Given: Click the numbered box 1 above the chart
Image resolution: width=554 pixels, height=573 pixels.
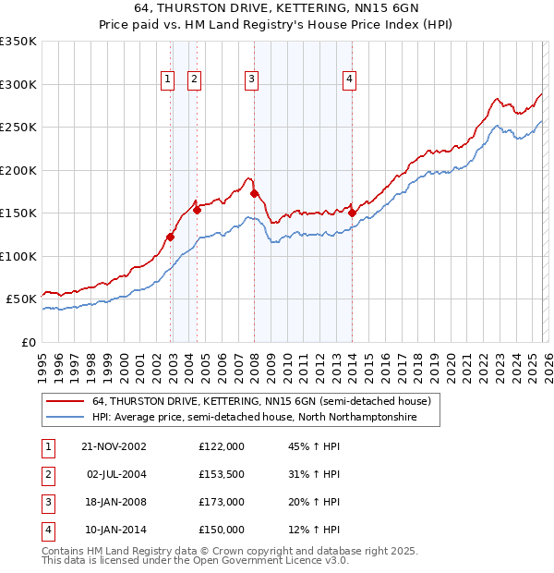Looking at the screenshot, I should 167,80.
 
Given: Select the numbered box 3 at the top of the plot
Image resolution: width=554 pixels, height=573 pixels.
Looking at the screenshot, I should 251,80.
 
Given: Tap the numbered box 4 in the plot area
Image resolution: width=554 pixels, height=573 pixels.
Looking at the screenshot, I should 350,80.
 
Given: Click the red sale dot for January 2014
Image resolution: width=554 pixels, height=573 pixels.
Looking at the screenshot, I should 353,213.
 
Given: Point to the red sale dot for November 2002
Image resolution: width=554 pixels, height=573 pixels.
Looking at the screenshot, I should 171,238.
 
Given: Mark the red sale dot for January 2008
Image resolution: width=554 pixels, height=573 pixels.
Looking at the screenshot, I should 255,193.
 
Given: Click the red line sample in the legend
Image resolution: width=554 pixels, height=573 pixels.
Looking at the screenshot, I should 66,402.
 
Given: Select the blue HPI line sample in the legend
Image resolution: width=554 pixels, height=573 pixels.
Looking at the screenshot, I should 66,418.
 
